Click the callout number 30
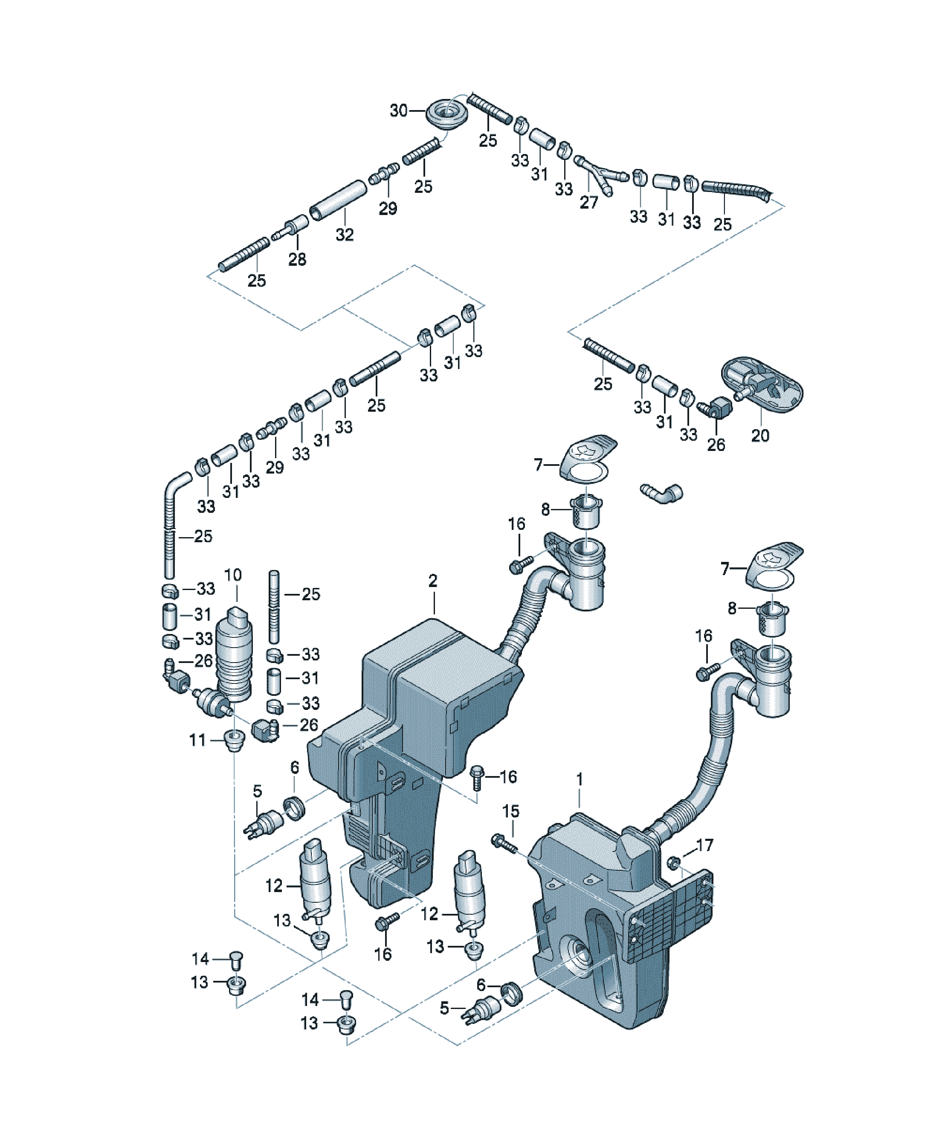tap(398, 110)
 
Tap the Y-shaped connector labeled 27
tap(601, 174)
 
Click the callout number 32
tap(345, 234)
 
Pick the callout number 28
tap(297, 259)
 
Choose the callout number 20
tap(760, 435)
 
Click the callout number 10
tap(232, 575)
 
